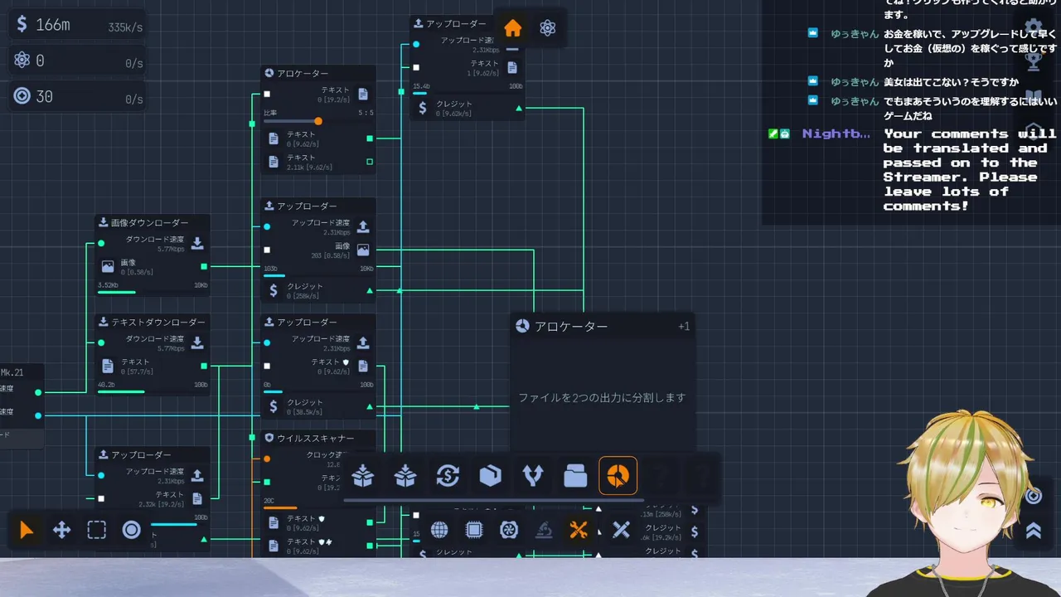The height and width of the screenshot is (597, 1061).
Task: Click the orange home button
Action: (x=512, y=28)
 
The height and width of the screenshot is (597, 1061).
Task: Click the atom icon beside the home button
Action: (x=547, y=28)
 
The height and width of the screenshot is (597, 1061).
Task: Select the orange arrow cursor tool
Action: (x=27, y=530)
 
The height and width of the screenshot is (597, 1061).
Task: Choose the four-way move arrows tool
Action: (x=62, y=530)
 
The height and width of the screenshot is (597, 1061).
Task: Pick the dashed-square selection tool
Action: (x=97, y=530)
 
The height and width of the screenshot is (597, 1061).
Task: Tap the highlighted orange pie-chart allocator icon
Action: (x=618, y=476)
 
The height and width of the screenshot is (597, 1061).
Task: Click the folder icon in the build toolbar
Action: (x=575, y=476)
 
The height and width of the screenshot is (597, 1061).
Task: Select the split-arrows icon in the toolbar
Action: (x=532, y=476)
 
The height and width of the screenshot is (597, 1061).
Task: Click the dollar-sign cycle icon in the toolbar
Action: (x=448, y=476)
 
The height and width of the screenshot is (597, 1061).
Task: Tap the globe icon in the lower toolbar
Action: (x=439, y=530)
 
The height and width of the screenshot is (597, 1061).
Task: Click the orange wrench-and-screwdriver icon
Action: (x=579, y=530)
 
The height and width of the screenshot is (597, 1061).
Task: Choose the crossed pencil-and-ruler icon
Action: (x=621, y=530)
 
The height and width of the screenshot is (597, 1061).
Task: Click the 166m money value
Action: (x=53, y=25)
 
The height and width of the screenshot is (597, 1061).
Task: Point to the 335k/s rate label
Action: (x=125, y=27)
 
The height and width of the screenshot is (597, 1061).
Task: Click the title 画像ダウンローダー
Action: (x=149, y=222)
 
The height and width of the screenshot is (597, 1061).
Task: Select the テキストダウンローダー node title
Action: (x=158, y=322)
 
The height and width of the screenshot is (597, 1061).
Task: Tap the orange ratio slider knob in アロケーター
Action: (x=318, y=121)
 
